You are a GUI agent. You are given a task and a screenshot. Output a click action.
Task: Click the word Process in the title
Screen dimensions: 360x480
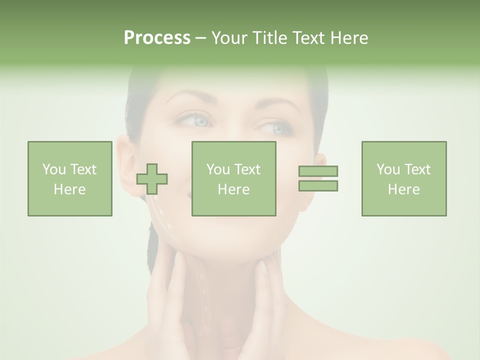(x=157, y=38)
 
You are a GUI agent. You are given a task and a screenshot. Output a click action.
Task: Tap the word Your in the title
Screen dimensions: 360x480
(x=230, y=38)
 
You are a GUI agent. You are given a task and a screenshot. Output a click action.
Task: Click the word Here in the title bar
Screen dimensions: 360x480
(x=348, y=38)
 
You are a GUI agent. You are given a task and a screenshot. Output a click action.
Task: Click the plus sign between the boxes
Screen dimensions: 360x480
(x=152, y=179)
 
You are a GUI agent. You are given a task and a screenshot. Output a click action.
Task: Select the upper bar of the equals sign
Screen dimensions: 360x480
(x=318, y=171)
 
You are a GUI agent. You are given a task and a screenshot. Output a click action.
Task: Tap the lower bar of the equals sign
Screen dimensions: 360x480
(x=318, y=185)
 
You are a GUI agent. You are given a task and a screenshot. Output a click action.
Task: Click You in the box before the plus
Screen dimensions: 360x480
(x=53, y=169)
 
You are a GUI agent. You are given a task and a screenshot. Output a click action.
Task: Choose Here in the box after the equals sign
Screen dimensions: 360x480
(x=403, y=189)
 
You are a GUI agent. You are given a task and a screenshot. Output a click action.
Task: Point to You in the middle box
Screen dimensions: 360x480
(x=217, y=169)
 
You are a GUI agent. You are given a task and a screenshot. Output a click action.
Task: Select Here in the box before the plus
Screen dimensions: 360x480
(x=69, y=189)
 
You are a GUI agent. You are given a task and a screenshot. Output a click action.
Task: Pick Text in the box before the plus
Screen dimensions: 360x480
(x=83, y=169)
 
